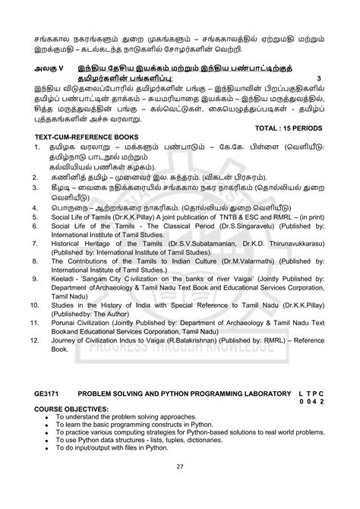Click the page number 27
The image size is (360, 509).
pyautogui.click(x=180, y=488)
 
